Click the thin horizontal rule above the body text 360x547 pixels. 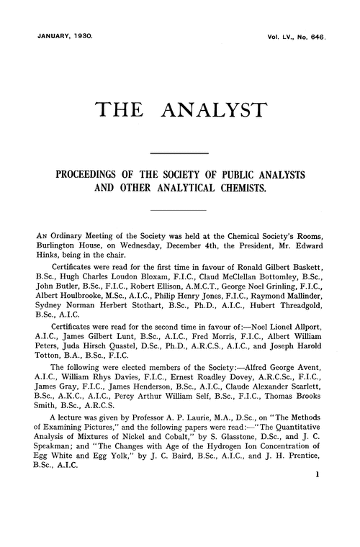point(178,209)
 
